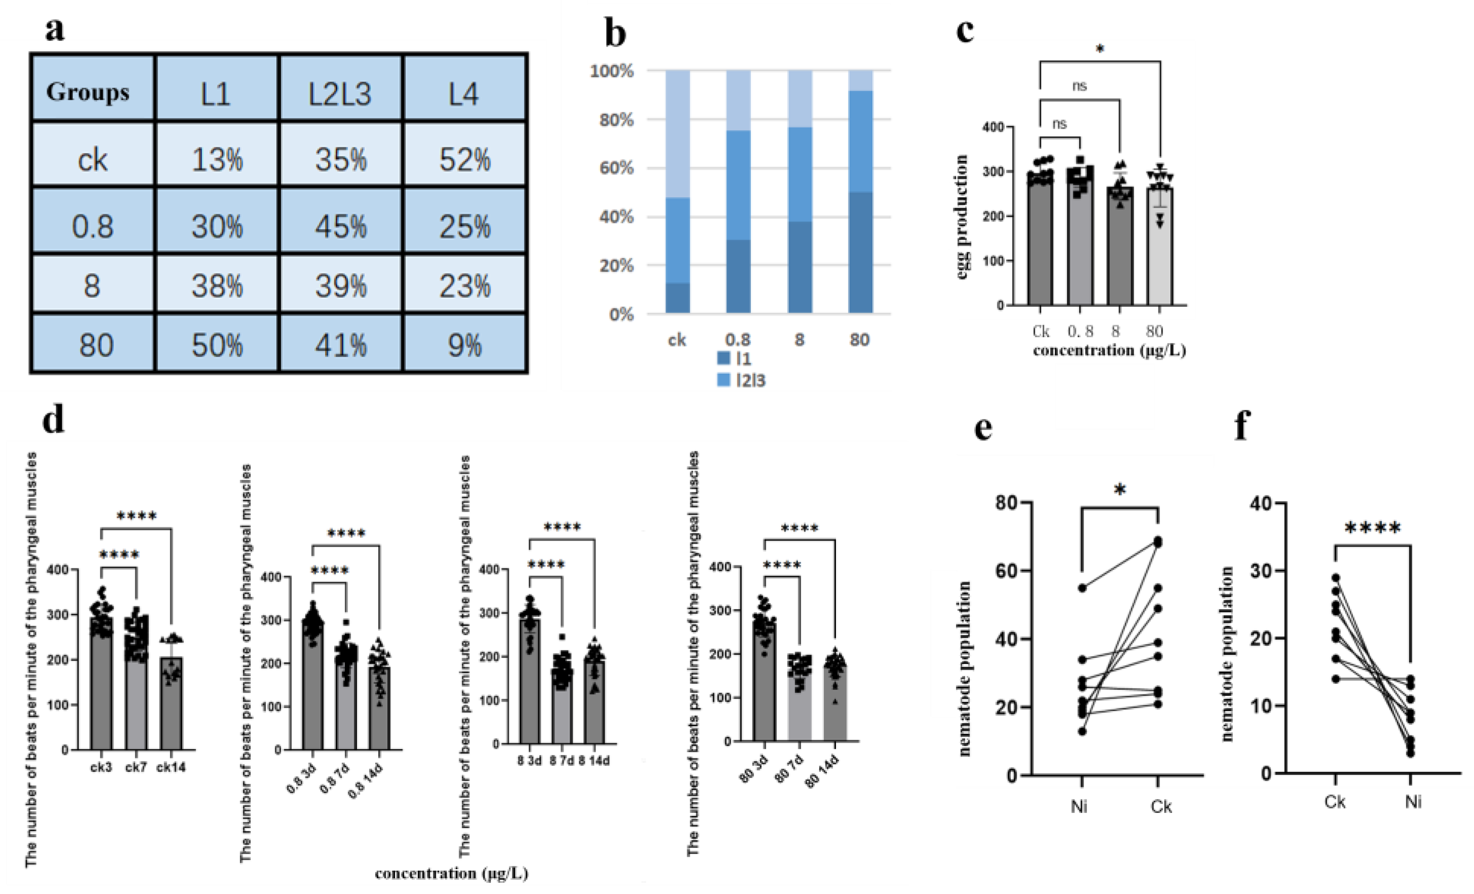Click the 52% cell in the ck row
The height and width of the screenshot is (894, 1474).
coord(465,160)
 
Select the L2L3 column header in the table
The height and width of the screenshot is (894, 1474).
coord(340,94)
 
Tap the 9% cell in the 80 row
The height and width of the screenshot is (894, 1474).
coord(465,345)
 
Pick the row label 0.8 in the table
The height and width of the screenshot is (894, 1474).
coord(92,226)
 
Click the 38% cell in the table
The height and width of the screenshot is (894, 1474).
coord(217,286)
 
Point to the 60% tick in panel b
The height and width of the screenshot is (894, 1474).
coord(616,168)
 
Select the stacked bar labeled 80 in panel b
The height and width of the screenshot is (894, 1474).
coord(860,191)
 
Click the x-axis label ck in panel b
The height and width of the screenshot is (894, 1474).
coord(676,340)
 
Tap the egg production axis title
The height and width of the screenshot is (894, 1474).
coord(962,217)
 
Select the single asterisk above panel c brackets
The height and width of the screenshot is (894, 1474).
coord(1099,49)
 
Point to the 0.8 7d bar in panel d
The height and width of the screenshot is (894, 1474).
coord(346,700)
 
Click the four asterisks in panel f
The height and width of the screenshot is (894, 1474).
coord(1372,529)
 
